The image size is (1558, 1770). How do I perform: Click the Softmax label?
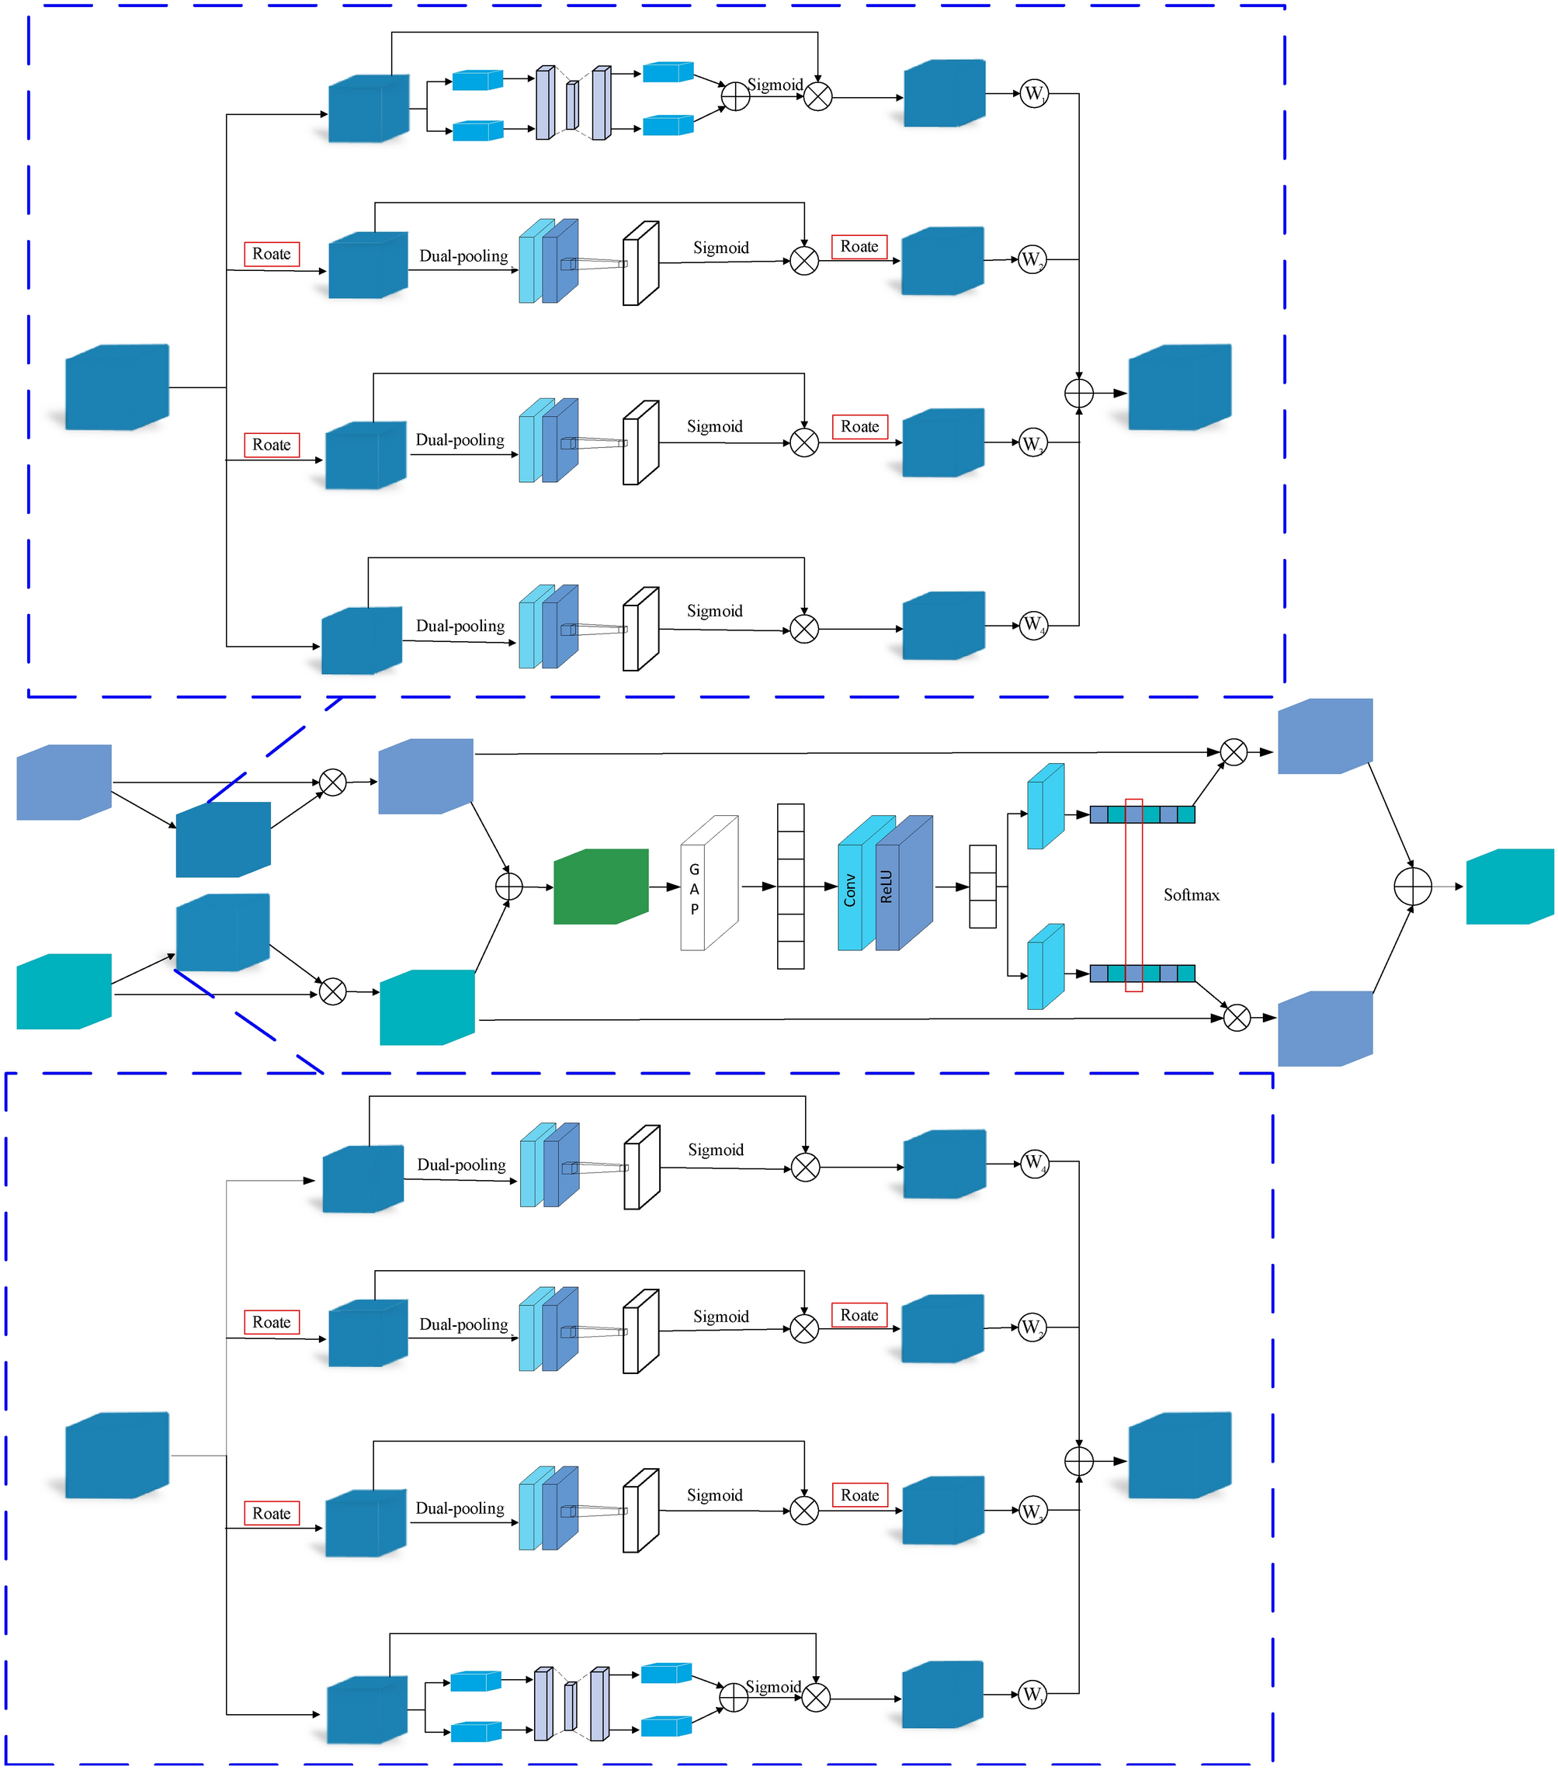pyautogui.click(x=1191, y=894)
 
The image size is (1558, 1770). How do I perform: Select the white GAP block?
pyautogui.click(x=709, y=884)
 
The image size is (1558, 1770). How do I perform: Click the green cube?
pyautogui.click(x=600, y=886)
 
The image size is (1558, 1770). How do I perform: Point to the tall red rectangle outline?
pyautogui.click(x=1133, y=894)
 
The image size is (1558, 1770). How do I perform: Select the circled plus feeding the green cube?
pyautogui.click(x=508, y=886)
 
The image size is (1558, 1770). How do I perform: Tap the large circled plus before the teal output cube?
pyautogui.click(x=1413, y=886)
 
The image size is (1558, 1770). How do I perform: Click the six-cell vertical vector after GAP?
pyautogui.click(x=789, y=886)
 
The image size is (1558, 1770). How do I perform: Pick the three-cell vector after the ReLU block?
pyautogui.click(x=982, y=886)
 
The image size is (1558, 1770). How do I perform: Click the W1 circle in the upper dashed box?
pyautogui.click(x=1033, y=93)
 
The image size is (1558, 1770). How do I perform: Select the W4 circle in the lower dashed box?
pyautogui.click(x=1034, y=1162)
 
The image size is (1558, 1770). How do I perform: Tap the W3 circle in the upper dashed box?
pyautogui.click(x=1032, y=442)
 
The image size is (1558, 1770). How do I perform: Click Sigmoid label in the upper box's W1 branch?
pyautogui.click(x=774, y=85)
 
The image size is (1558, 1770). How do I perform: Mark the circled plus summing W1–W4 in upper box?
pyautogui.click(x=1078, y=393)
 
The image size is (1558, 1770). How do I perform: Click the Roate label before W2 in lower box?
pyautogui.click(x=859, y=1314)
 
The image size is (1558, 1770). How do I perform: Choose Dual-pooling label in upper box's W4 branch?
pyautogui.click(x=460, y=625)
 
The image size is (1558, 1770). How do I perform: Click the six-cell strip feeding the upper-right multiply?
pyautogui.click(x=1143, y=814)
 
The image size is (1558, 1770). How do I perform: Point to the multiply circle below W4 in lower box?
pyautogui.click(x=806, y=1167)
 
